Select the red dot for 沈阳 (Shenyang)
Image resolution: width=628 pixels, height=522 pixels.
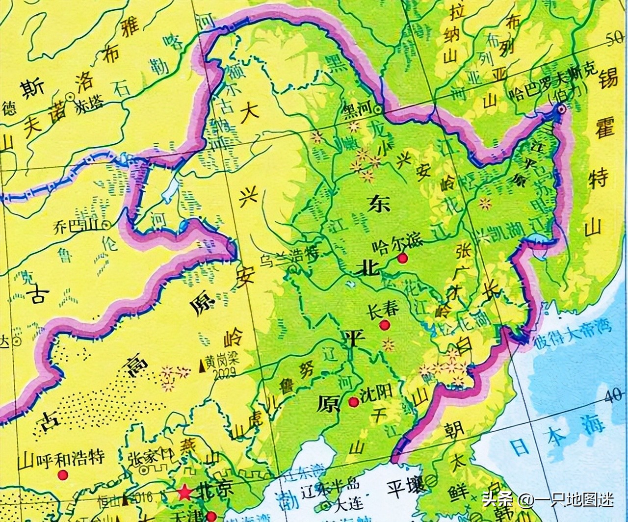point(353,402)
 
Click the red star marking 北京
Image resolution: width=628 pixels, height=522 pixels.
point(184,493)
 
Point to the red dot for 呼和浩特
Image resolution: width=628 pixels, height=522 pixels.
point(62,475)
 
